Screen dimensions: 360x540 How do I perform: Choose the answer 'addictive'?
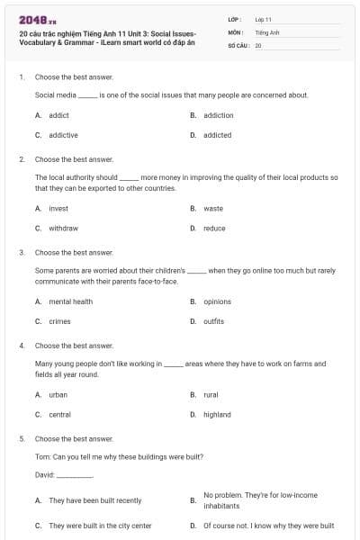pos(63,135)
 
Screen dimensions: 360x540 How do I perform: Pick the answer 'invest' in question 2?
pos(58,208)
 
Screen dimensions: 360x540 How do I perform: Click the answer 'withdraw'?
pos(63,228)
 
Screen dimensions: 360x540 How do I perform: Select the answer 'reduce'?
pos(214,228)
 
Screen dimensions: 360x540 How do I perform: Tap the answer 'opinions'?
pos(217,301)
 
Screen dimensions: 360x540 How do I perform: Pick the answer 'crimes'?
pos(59,321)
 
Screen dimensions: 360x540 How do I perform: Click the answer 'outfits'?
pos(213,321)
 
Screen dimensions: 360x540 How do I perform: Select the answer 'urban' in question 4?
pos(58,394)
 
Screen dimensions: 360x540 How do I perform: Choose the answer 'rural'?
pos(211,394)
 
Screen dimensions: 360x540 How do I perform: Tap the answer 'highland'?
pos(217,414)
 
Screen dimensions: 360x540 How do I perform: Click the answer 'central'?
pos(60,414)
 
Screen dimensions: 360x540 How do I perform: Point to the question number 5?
pos(21,438)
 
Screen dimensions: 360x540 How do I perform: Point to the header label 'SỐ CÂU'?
pos(238,44)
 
